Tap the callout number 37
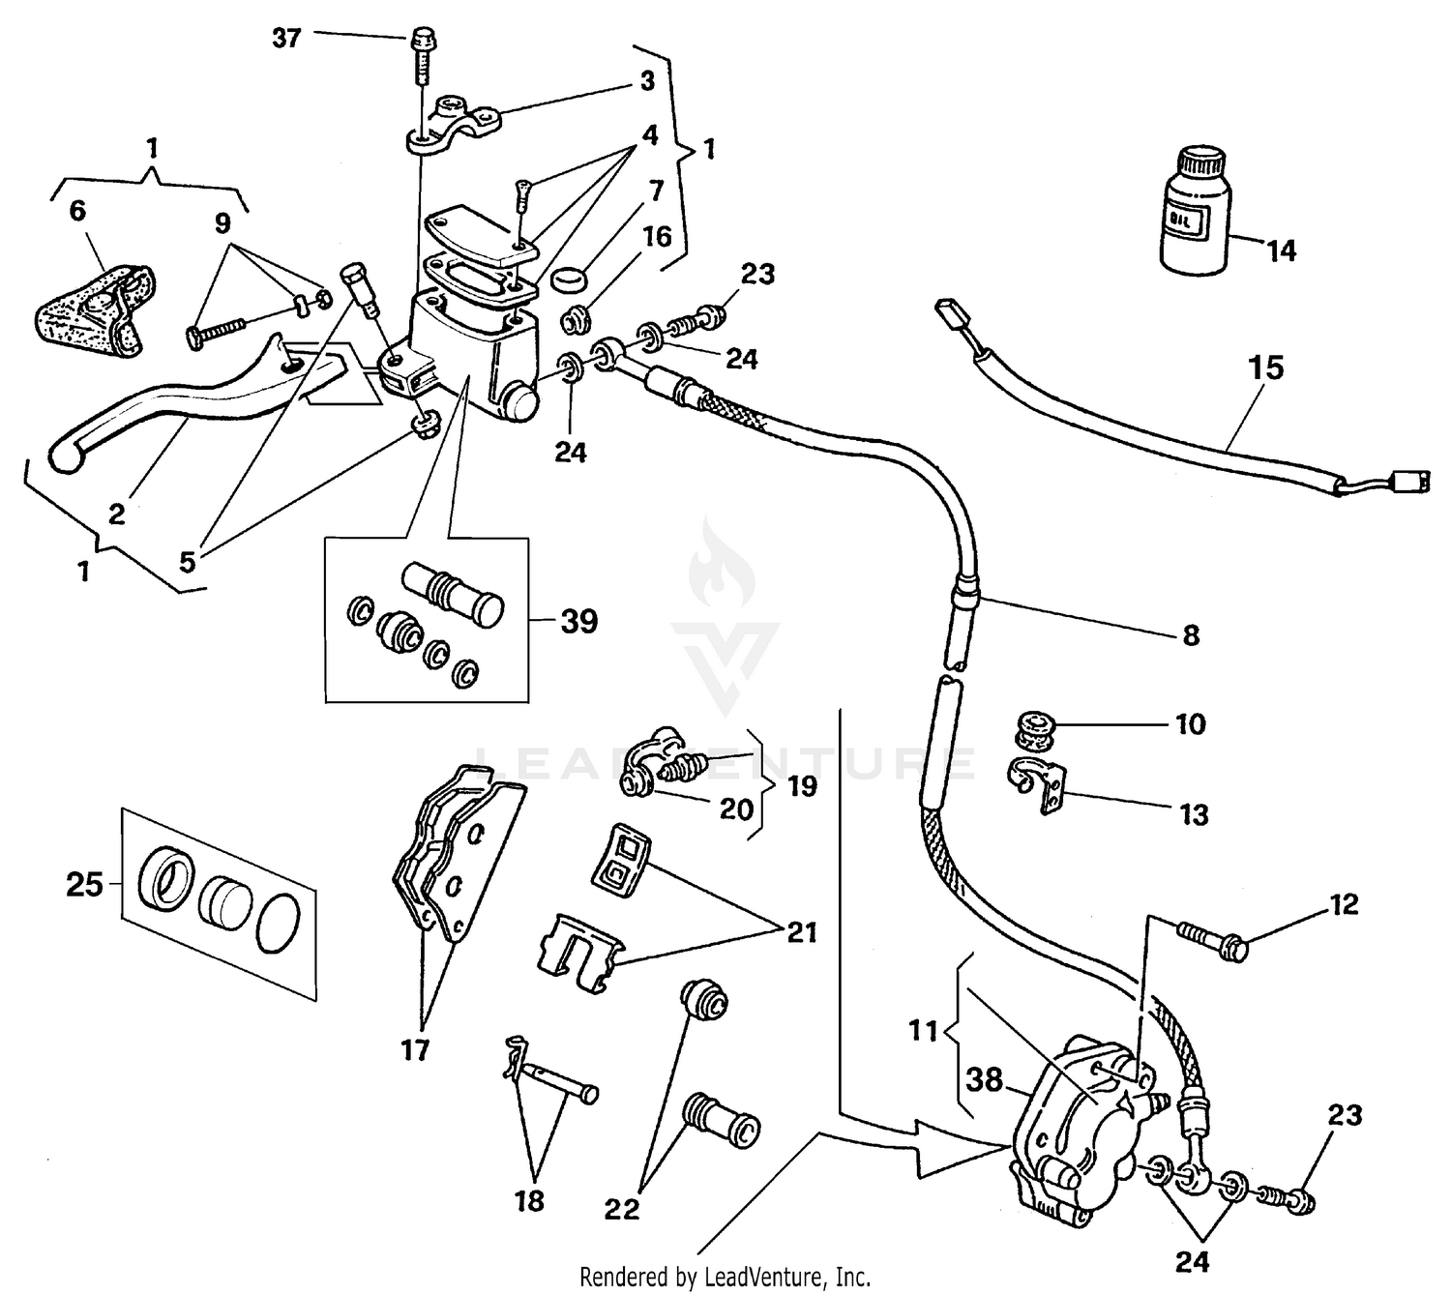point(286,39)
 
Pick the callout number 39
point(578,621)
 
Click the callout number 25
point(84,883)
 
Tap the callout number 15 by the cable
point(1265,368)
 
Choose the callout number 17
point(415,1049)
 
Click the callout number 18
point(529,1200)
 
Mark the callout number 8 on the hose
point(1191,635)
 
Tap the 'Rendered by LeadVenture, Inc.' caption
point(725,1277)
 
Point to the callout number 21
point(802,932)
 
